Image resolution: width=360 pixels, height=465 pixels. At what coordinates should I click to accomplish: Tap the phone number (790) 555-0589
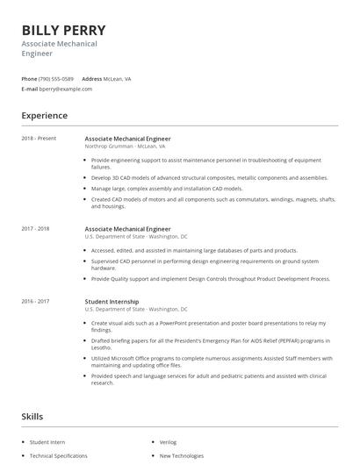click(57, 79)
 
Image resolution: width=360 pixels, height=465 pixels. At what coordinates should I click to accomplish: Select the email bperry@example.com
click(67, 89)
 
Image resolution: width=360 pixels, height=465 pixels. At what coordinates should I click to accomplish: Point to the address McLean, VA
click(119, 79)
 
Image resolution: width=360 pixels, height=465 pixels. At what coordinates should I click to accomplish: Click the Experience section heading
click(45, 115)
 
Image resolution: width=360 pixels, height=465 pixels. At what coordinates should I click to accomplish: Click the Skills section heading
click(32, 417)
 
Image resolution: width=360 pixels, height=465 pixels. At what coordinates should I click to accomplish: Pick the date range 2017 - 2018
click(36, 229)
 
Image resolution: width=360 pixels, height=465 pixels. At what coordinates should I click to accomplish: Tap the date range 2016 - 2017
click(36, 302)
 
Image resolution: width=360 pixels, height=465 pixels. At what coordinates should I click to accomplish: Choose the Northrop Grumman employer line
click(125, 147)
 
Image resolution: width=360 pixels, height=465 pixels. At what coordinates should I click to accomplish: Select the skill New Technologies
click(183, 455)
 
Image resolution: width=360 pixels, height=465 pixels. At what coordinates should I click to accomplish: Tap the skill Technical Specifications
click(59, 455)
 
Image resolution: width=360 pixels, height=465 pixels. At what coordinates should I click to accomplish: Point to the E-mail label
click(30, 89)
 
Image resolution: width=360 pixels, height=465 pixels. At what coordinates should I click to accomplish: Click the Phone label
click(29, 79)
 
